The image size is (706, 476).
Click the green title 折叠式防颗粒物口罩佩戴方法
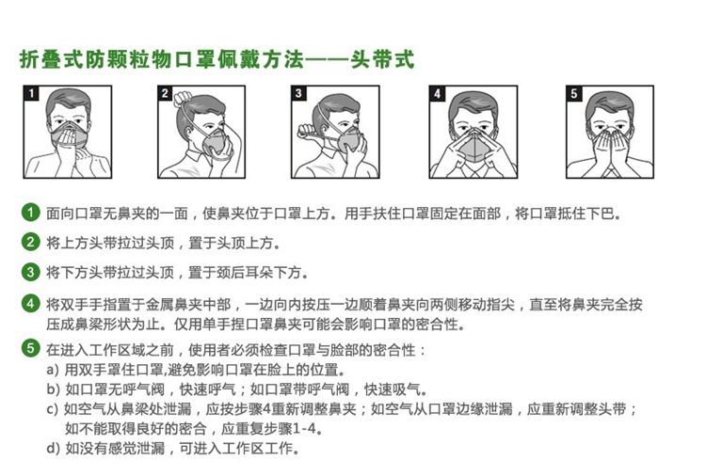coord(162,60)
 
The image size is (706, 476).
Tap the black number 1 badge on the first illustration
coord(31,93)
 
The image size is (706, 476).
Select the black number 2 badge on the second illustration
coord(165,93)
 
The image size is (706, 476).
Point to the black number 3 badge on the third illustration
coord(298,93)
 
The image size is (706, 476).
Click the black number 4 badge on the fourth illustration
coord(437,93)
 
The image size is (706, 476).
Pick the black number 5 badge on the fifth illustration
coord(573,93)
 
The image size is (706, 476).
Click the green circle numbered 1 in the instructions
coord(31,213)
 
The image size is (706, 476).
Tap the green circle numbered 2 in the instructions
coord(31,242)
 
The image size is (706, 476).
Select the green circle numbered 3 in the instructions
coord(31,272)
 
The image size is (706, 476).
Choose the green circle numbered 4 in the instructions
coord(31,303)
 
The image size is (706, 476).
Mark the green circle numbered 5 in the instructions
coord(31,348)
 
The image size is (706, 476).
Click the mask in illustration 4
coord(473,146)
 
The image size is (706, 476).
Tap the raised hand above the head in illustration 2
coord(183,98)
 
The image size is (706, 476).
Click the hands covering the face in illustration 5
coord(610,146)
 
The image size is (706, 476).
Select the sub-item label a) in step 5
coord(53,370)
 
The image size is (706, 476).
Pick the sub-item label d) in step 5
coord(53,448)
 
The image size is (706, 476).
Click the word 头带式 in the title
coord(382,60)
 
